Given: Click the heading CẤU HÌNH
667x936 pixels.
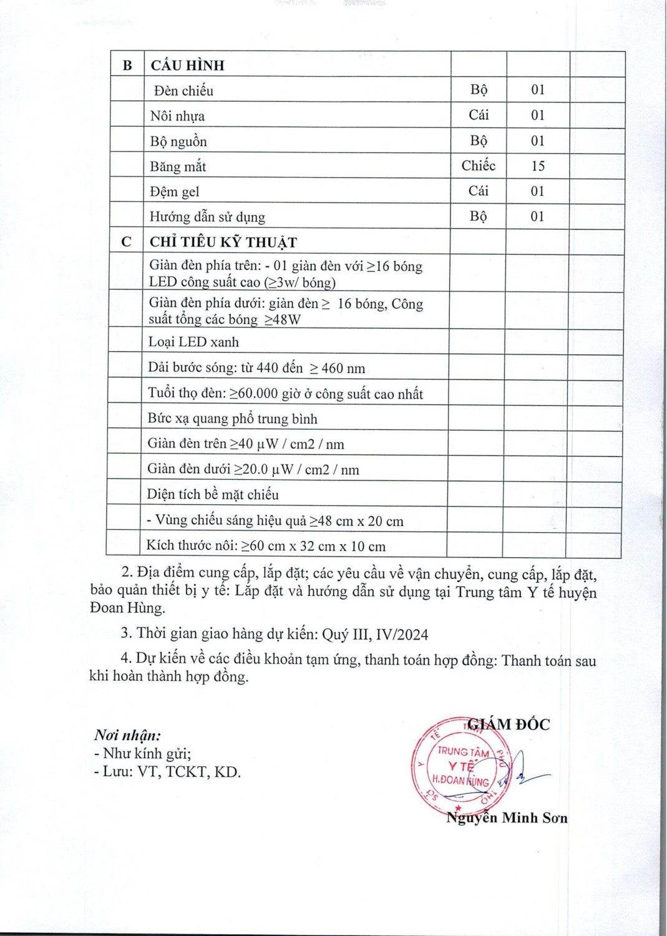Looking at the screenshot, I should click(187, 66).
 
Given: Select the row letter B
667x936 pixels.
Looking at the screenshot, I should click(127, 66).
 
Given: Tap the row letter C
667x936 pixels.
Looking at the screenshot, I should click(126, 242).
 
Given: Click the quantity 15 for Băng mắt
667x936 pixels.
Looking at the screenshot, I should click(538, 166).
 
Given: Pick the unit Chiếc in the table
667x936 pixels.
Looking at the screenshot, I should click(479, 165).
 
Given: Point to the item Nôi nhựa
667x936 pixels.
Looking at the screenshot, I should click(177, 116).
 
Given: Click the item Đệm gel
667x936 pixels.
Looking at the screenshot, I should click(175, 192).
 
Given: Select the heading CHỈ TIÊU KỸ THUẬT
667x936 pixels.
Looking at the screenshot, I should click(223, 242).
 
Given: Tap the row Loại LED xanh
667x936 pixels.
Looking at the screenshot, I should click(193, 342).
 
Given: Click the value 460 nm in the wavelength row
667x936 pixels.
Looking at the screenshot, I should click(343, 368).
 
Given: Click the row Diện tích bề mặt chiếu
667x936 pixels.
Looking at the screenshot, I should click(213, 495).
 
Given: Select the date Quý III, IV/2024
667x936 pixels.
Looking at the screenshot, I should click(375, 635).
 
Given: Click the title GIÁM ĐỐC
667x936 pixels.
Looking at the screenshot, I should click(509, 724).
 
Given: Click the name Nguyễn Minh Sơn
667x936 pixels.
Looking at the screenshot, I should click(507, 817).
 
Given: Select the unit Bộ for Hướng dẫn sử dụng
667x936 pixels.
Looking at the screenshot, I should click(479, 216).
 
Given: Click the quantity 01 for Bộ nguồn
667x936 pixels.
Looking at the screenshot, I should click(538, 141).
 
